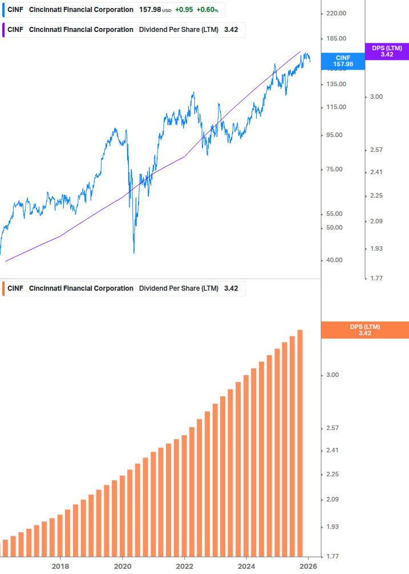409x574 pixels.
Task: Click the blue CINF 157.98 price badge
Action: click(344, 61)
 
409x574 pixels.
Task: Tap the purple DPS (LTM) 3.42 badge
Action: click(387, 51)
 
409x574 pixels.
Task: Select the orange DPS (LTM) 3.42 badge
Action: click(365, 330)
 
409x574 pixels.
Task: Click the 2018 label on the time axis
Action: click(60, 566)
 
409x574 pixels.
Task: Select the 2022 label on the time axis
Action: click(184, 566)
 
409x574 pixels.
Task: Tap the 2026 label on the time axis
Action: click(308, 566)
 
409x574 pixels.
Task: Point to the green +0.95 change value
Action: click(183, 10)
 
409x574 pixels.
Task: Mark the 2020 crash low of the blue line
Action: click(134, 252)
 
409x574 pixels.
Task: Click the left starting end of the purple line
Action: click(6, 261)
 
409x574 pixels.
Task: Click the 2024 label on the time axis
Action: click(246, 566)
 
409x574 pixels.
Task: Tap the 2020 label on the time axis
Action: click(122, 566)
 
